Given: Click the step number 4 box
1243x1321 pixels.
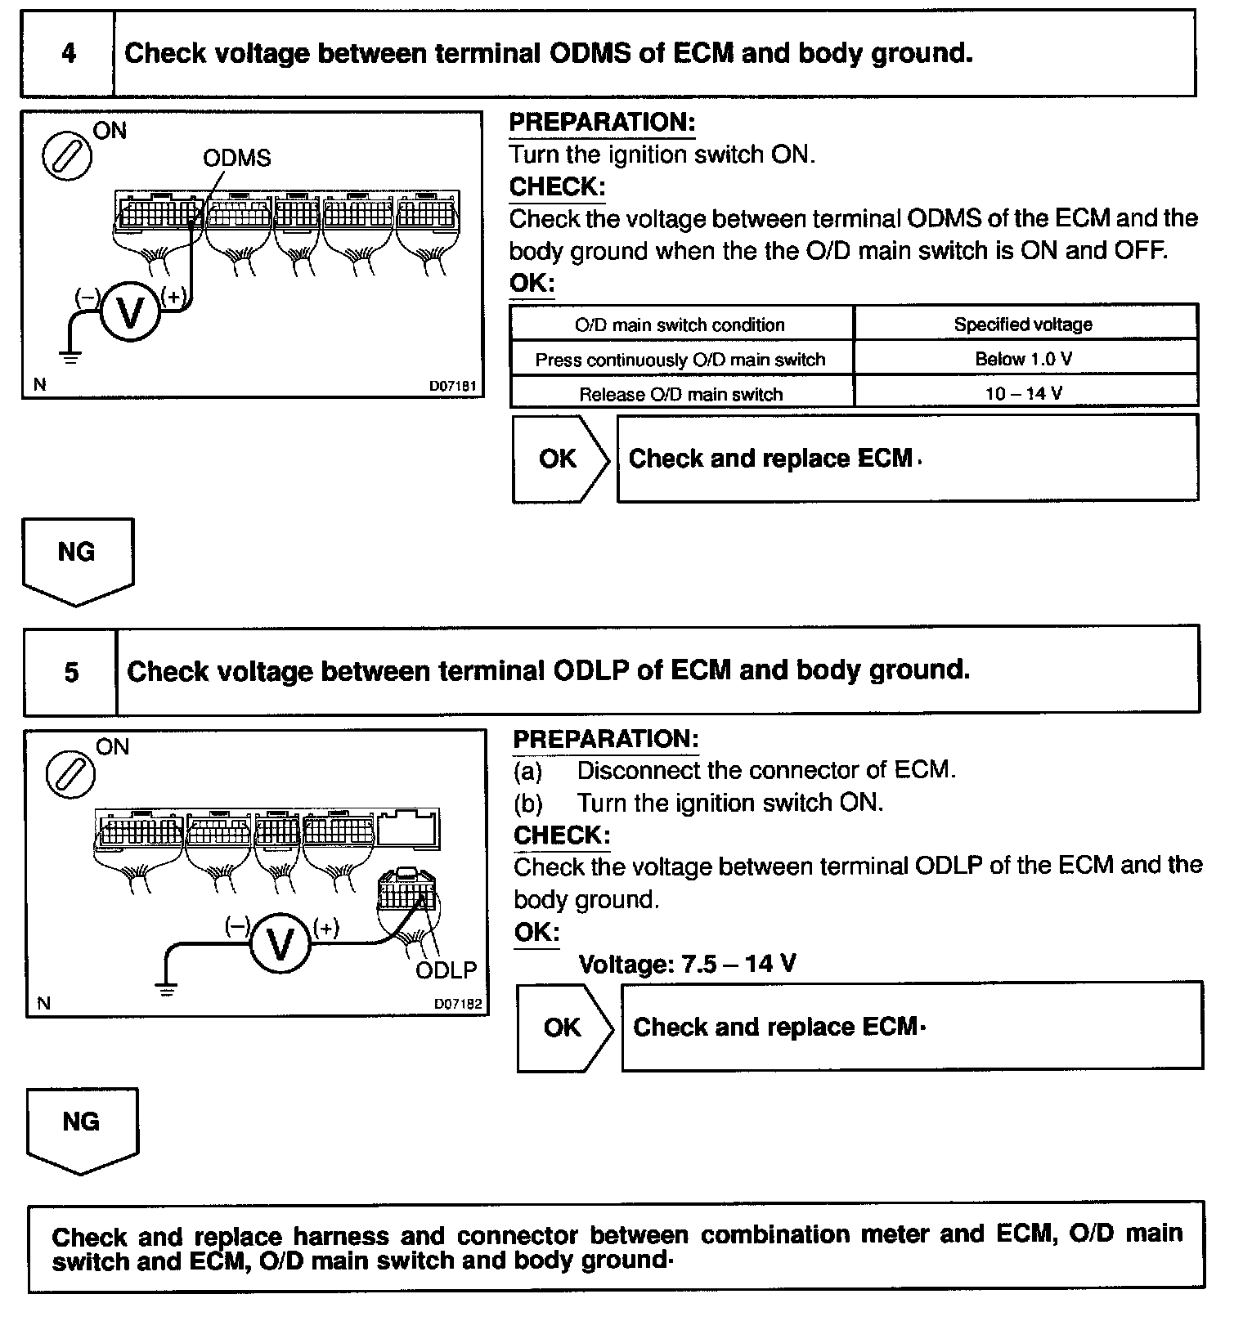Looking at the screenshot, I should pyautogui.click(x=68, y=54).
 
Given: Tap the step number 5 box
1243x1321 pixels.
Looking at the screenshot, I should pyautogui.click(x=71, y=672).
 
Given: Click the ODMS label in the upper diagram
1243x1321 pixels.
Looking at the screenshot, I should pyautogui.click(x=237, y=158).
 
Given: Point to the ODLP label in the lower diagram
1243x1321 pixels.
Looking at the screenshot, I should pyautogui.click(x=446, y=970).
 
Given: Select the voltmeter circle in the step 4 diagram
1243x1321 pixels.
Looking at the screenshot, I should pyautogui.click(x=130, y=312).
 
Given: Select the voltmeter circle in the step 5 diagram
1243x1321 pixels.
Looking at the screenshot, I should pyautogui.click(x=280, y=944).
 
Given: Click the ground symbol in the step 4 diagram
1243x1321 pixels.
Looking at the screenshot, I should pyautogui.click(x=70, y=356).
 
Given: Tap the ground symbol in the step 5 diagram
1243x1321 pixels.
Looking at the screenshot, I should pyautogui.click(x=167, y=990).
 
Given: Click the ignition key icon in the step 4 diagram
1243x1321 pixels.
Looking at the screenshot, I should pyautogui.click(x=67, y=154).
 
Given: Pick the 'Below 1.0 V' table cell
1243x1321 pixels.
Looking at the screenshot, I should pyautogui.click(x=1025, y=359).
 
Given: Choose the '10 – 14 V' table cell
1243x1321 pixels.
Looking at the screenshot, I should pyautogui.click(x=1025, y=393).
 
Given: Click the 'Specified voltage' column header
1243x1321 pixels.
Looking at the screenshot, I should pyautogui.click(x=1025, y=325).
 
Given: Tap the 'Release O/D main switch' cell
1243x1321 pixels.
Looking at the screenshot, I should pyautogui.click(x=681, y=394).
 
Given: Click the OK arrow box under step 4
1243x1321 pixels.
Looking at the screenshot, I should pyautogui.click(x=560, y=459).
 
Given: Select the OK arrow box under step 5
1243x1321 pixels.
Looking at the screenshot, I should pyautogui.click(x=564, y=1028).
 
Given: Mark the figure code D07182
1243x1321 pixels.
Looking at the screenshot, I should pyautogui.click(x=457, y=1004).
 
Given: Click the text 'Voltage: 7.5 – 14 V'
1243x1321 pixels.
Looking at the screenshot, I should pyautogui.click(x=687, y=964).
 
